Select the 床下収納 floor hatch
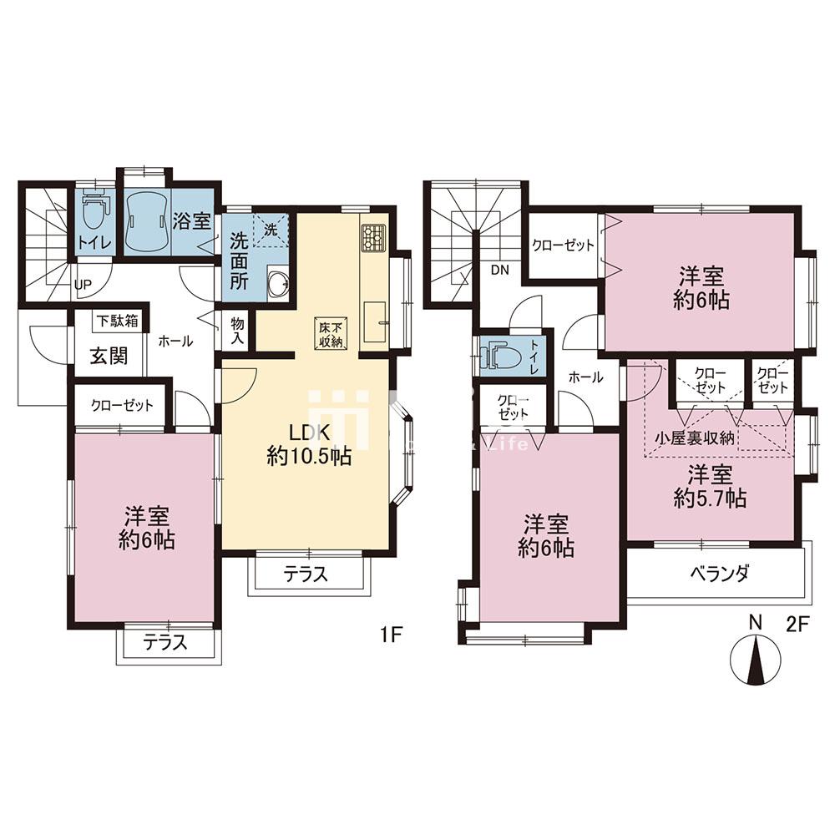[x=330, y=332]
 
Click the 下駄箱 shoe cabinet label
[x=116, y=320]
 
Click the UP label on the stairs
[x=83, y=284]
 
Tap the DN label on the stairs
[x=500, y=270]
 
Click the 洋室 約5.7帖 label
[x=710, y=487]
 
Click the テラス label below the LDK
[x=306, y=574]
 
